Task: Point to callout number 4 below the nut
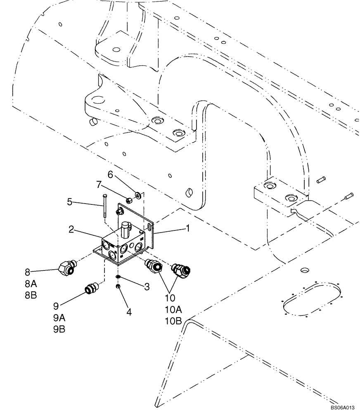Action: pyautogui.click(x=129, y=312)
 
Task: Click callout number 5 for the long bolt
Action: pyautogui.click(x=71, y=202)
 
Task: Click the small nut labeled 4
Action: pyautogui.click(x=118, y=286)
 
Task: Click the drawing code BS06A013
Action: pyautogui.click(x=342, y=407)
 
